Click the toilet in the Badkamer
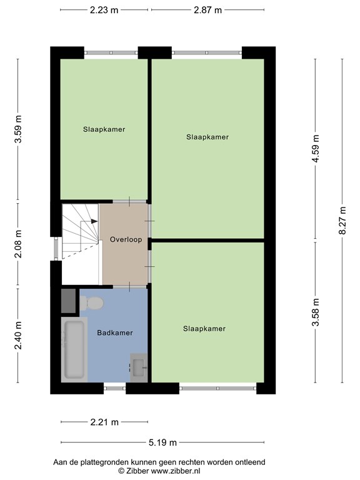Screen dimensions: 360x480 pos(91,303)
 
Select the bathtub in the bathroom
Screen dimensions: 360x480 pos(74,349)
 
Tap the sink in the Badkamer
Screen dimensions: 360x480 pos(139,367)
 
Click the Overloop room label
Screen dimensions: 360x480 pos(126,239)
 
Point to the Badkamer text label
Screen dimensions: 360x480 pos(115,332)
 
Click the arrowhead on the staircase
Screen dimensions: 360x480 pos(94,221)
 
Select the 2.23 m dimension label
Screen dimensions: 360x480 pos(104,10)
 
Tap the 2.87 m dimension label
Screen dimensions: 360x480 pos(207,10)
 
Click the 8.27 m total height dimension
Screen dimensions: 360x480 pos(342,221)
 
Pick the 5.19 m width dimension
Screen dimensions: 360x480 pos(163,442)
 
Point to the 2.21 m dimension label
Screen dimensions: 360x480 pos(104,422)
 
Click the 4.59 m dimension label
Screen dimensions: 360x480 pos(316,149)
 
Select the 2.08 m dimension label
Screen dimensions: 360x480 pos(18,244)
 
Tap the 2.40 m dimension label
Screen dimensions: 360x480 pos(18,336)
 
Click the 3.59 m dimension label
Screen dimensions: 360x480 pos(18,129)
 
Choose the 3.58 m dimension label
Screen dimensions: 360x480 pos(316,312)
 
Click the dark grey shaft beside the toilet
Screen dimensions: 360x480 pos(68,301)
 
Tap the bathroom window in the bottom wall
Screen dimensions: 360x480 pos(115,388)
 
